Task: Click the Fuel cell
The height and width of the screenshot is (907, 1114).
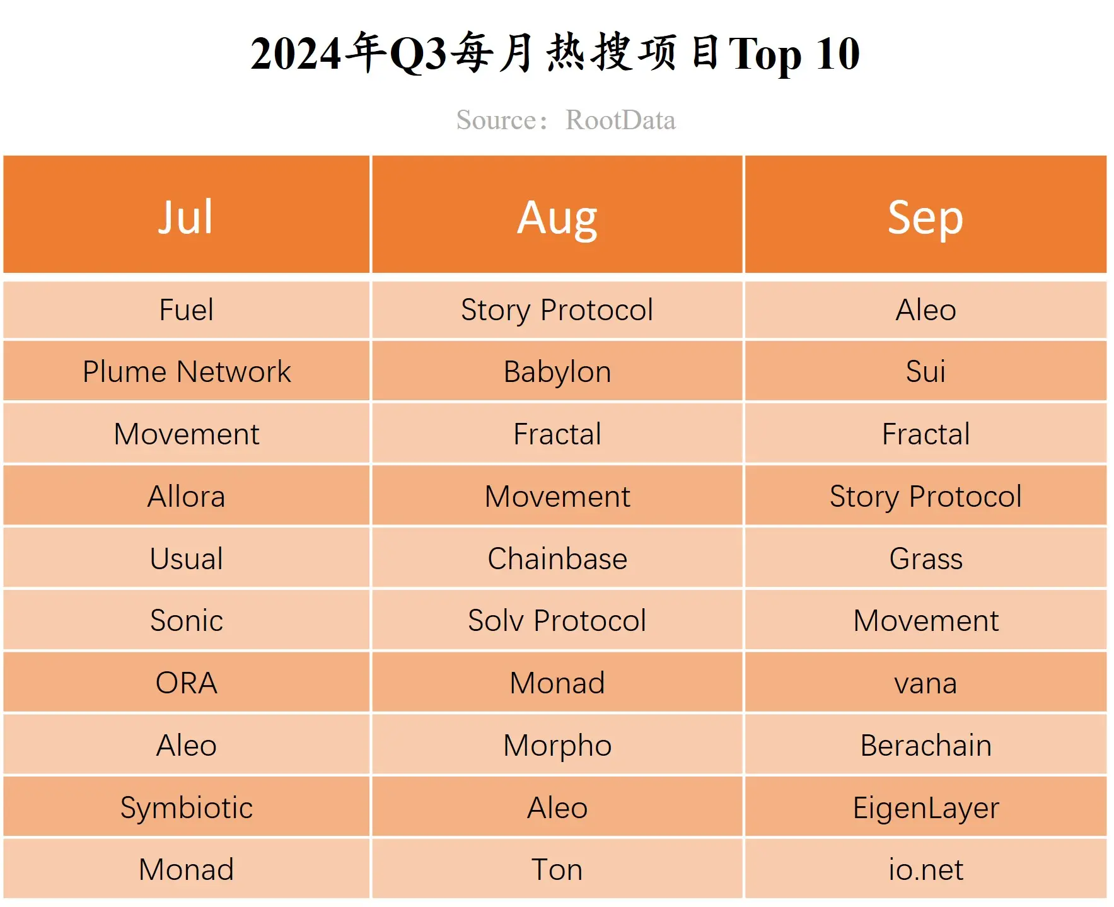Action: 186,309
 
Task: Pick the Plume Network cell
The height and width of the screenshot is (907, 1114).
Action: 186,371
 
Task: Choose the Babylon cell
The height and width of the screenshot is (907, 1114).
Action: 557,371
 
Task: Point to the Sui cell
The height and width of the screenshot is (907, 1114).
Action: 925,371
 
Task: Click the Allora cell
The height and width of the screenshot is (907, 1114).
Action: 186,496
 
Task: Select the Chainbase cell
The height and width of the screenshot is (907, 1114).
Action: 557,558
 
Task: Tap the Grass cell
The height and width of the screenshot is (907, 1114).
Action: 925,558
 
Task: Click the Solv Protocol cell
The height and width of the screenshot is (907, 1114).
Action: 557,620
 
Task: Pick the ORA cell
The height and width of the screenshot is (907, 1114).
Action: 186,683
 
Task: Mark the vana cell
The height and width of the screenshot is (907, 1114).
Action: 925,683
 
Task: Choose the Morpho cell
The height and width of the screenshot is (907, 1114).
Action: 557,745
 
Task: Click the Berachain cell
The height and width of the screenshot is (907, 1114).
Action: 925,745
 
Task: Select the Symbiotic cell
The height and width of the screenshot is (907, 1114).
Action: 186,807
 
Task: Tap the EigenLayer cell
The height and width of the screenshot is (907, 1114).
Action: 925,807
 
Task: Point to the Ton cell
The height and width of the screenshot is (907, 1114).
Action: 557,869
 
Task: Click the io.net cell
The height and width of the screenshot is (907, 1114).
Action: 925,869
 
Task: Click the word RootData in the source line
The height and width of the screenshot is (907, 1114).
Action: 620,120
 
